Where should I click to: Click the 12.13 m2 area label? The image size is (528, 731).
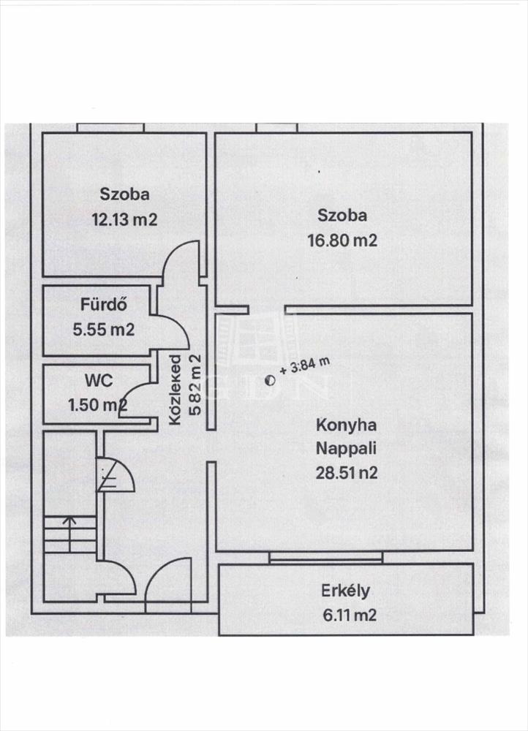124,219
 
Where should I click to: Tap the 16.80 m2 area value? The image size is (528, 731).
342,240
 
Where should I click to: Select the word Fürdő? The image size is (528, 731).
104,304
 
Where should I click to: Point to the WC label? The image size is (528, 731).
99,380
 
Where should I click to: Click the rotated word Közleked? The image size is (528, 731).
175,390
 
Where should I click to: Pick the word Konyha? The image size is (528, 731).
346,425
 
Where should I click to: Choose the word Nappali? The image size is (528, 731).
346,449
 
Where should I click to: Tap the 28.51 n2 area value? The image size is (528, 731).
347,473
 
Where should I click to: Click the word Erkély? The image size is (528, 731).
346,591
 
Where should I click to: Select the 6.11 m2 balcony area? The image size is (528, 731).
350,615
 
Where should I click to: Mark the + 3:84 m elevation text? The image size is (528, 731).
304,366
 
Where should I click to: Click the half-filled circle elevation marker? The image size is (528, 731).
270,381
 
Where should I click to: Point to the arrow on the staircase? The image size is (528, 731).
69,534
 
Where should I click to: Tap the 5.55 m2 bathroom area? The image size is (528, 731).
104,330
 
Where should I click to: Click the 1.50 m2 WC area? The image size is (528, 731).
97,405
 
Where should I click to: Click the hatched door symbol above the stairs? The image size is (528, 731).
116,475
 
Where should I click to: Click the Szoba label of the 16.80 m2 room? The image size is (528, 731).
342,216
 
